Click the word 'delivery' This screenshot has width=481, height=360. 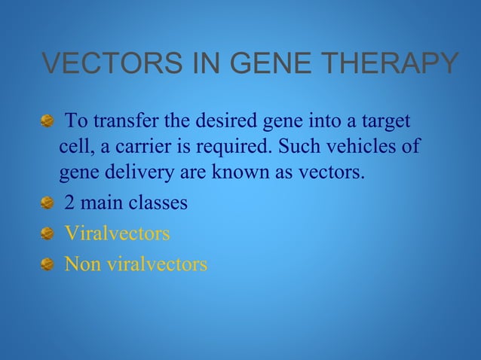(x=145, y=173)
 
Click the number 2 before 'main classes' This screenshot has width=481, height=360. (x=69, y=203)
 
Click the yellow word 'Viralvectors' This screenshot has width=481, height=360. (x=117, y=234)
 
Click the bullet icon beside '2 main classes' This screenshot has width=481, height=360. (x=47, y=204)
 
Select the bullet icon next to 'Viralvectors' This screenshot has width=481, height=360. (x=47, y=234)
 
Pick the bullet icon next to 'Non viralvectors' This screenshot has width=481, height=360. (x=47, y=265)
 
